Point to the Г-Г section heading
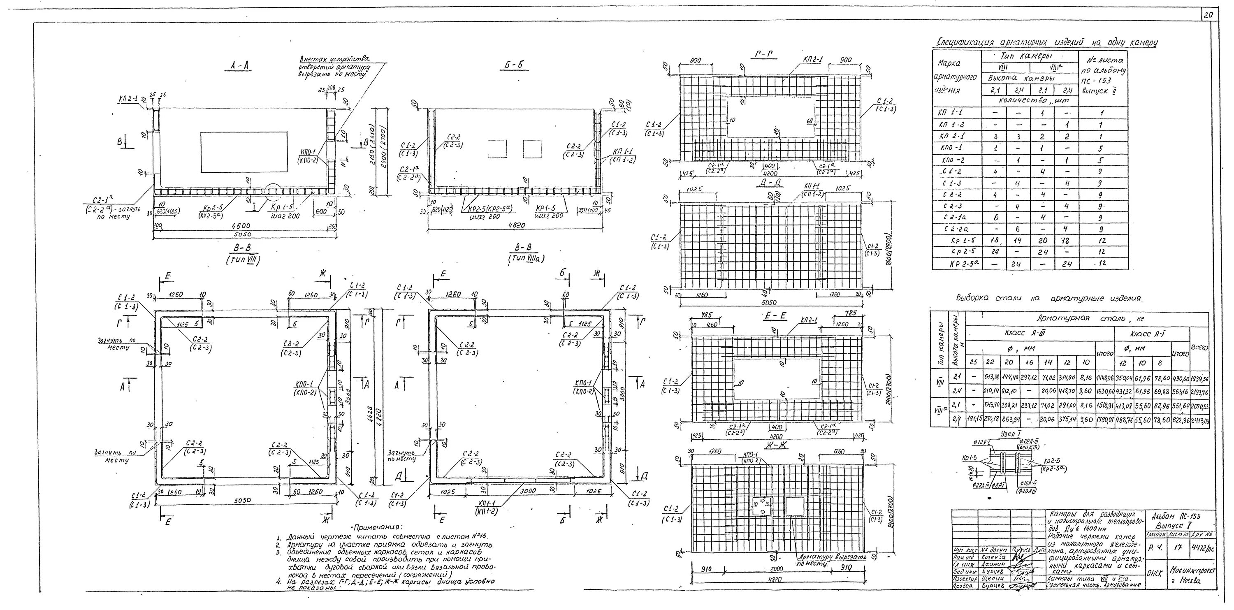765,56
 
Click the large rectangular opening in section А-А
244,152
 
